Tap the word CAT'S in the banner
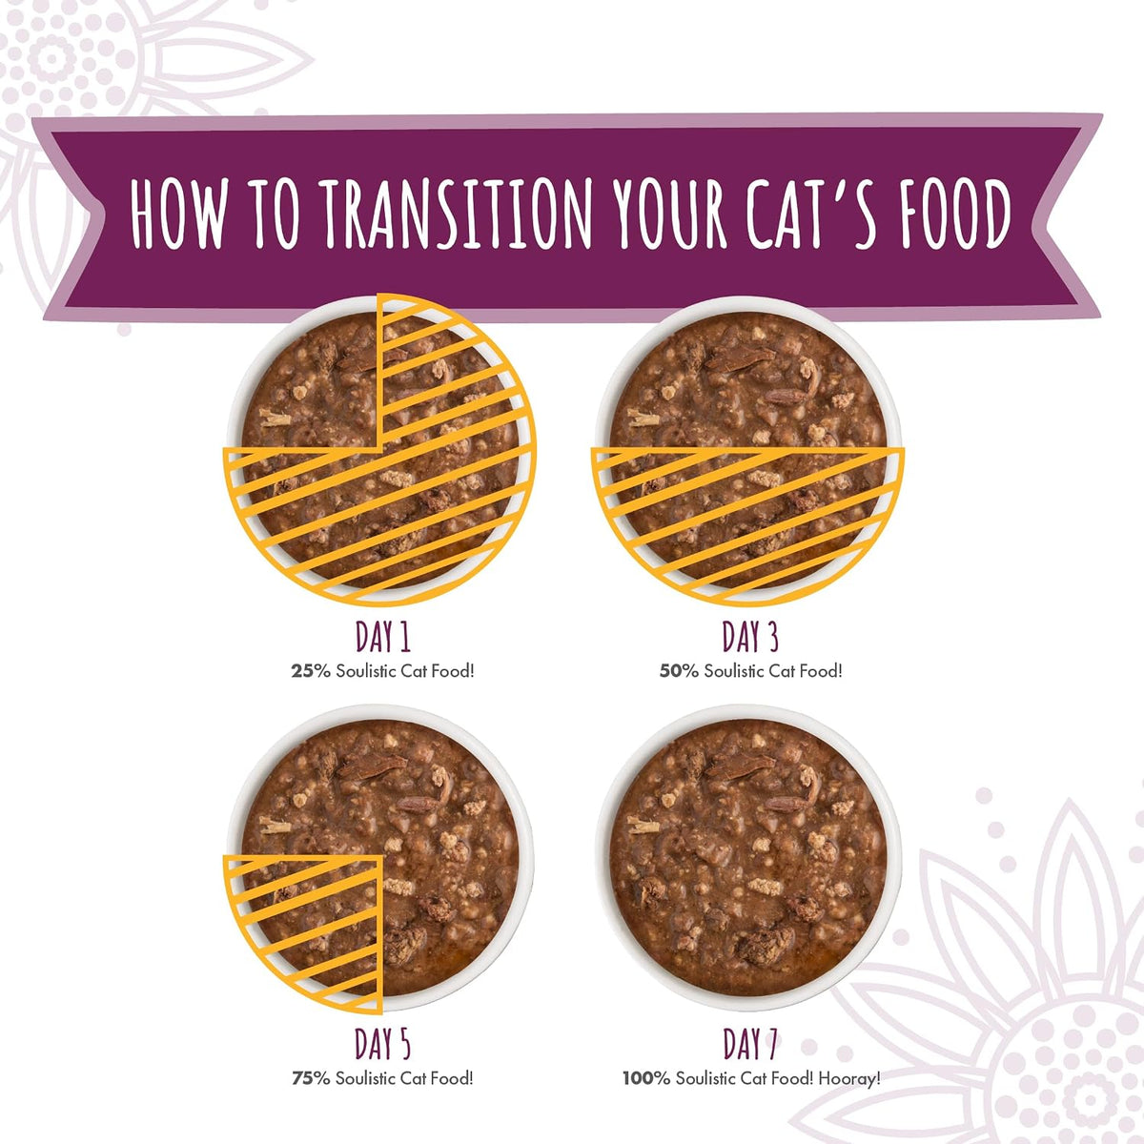[810, 214]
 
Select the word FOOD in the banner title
[956, 214]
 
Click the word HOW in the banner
[178, 214]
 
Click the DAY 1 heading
[383, 637]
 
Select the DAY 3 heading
[750, 637]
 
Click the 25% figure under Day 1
[311, 671]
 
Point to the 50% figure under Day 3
[679, 671]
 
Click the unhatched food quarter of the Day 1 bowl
[312, 383]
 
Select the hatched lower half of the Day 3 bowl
[748, 517]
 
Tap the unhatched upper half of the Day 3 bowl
[748, 380]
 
